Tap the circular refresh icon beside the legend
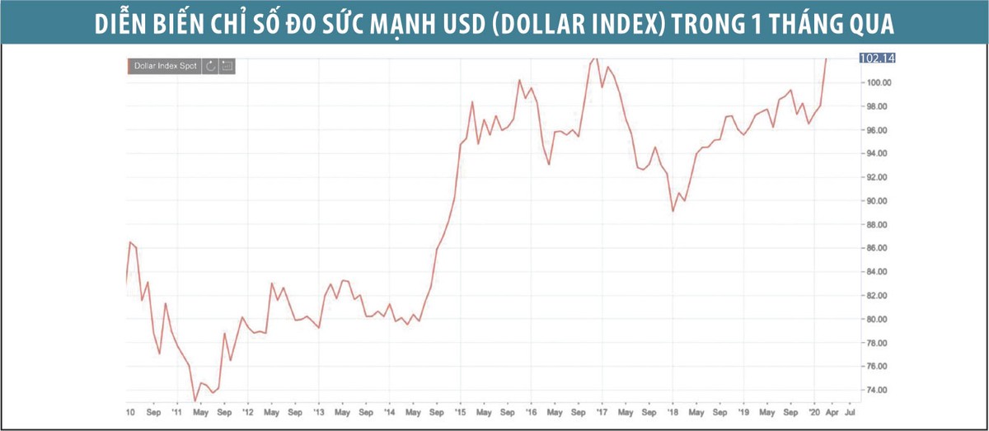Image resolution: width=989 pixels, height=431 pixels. [x=211, y=66]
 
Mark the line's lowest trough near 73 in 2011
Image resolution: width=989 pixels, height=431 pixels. [x=195, y=401]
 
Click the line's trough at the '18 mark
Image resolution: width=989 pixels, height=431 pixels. [x=673, y=212]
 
